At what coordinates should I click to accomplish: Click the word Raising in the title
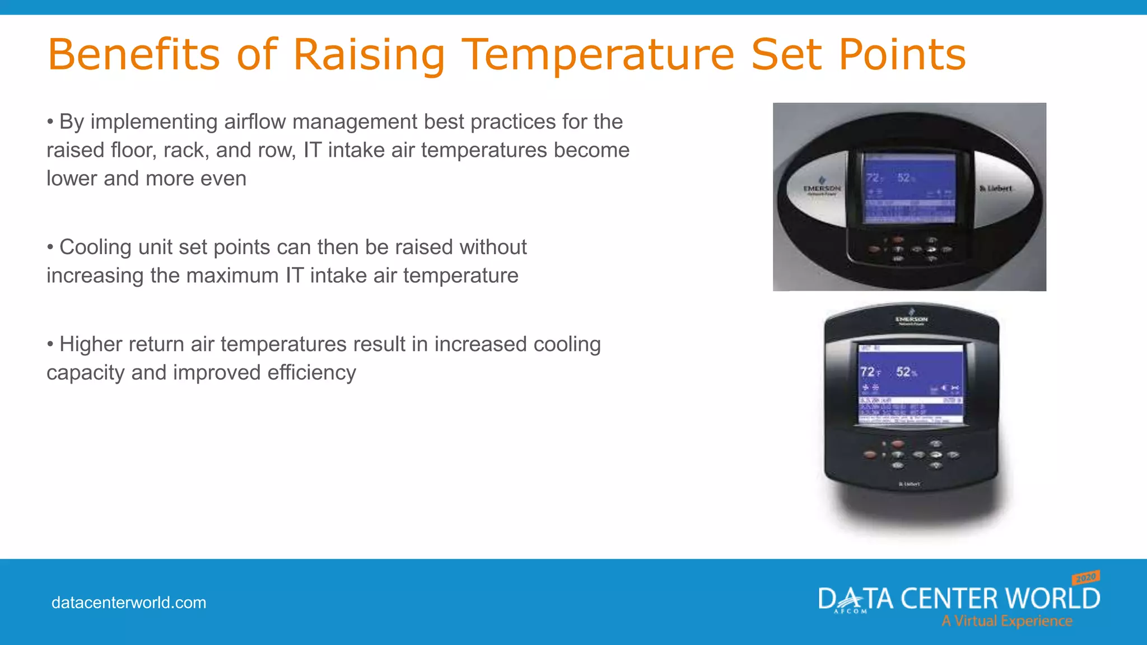pos(369,55)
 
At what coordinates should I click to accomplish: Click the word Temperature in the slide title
pos(598,55)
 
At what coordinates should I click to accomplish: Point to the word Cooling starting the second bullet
pos(95,247)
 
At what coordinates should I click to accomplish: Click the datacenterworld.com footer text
pos(129,602)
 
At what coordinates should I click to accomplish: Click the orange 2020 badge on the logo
pos(1086,577)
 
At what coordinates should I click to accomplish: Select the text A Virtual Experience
pos(1006,621)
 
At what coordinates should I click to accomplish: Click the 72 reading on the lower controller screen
pos(868,372)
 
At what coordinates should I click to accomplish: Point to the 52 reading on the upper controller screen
pos(903,178)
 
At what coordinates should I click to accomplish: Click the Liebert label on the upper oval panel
pos(996,189)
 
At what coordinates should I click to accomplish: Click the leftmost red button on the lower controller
pos(870,455)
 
